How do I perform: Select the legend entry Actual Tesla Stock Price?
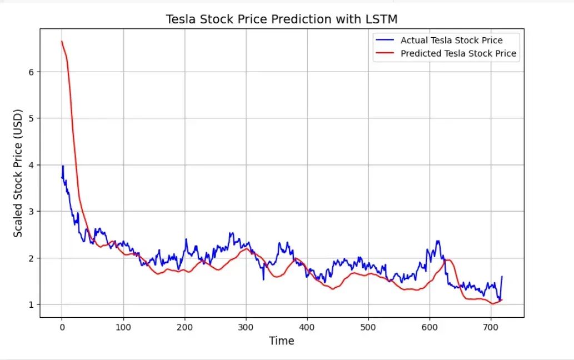tap(451, 41)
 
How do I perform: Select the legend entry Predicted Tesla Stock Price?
tap(458, 54)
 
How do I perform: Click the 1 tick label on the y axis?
tap(32, 304)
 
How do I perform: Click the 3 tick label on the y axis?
tap(32, 212)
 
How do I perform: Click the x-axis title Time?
tap(281, 341)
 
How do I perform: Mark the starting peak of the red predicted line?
tap(62, 41)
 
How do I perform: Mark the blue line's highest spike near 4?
tap(63, 166)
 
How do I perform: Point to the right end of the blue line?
tap(502, 277)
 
